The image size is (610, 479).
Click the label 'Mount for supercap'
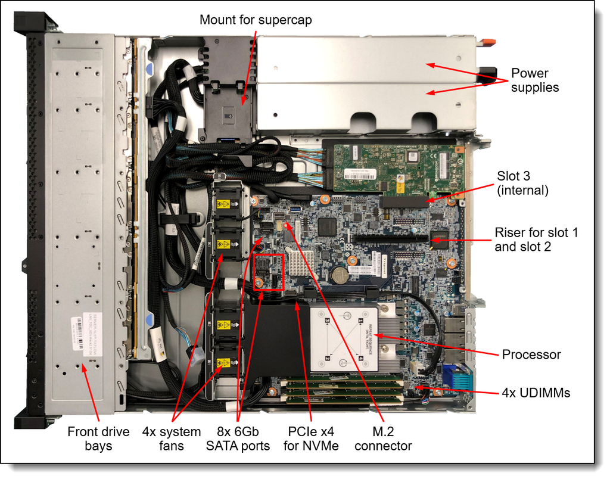[256, 20]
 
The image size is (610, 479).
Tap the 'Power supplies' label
[534, 80]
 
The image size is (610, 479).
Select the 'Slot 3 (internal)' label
[522, 183]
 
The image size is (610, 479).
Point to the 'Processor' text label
[531, 354]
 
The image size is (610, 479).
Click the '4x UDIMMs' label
[536, 393]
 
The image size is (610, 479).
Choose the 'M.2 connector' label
[383, 438]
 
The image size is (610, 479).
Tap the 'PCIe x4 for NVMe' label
[314, 438]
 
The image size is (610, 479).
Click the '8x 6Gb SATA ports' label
[238, 438]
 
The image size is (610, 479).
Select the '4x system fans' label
[172, 438]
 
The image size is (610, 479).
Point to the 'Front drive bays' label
[98, 438]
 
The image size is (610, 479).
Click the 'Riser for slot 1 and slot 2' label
[536, 239]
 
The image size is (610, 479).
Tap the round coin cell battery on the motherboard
[340, 274]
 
